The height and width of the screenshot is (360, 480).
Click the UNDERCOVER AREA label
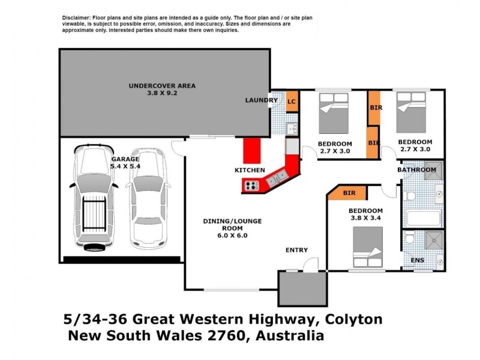pyautogui.click(x=162, y=86)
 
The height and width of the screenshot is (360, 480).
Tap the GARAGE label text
pyautogui.click(x=125, y=160)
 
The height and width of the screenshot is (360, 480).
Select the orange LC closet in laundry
pyautogui.click(x=292, y=101)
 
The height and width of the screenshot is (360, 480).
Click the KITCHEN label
pyautogui.click(x=250, y=170)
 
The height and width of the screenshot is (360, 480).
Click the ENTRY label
pyautogui.click(x=296, y=250)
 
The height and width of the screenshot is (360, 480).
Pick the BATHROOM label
pyautogui.click(x=416, y=170)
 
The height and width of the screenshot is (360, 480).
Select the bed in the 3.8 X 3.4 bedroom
pyautogui.click(x=367, y=247)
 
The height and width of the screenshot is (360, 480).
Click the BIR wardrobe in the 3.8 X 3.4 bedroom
pyautogui.click(x=350, y=193)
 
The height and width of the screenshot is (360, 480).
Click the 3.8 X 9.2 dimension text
pyautogui.click(x=162, y=94)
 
